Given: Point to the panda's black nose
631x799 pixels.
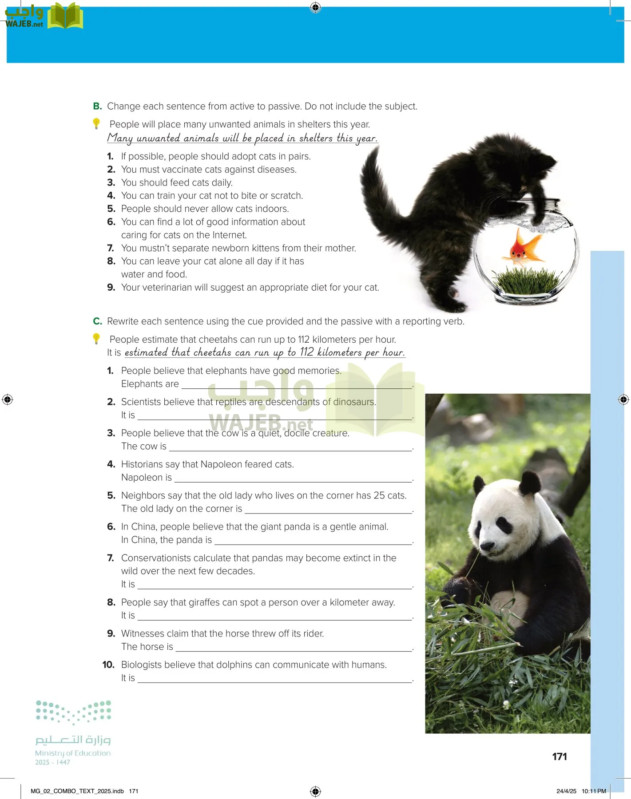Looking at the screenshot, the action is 487,545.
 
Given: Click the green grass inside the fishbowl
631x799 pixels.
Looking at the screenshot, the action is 526,280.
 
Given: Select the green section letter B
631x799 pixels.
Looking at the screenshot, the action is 97,107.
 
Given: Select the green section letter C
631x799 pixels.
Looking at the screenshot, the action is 97,321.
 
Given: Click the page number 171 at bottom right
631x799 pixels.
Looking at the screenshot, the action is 560,757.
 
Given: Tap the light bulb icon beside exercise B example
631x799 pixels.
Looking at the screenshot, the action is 96,123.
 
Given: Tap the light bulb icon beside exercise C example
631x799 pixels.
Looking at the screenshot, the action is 96,339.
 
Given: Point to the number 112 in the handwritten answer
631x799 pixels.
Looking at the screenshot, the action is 306,352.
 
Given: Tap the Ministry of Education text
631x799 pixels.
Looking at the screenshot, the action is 73,753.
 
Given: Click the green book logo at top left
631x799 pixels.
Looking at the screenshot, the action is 65,16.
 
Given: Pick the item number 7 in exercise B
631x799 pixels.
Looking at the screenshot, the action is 111,248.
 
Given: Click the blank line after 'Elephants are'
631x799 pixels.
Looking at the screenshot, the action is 297,388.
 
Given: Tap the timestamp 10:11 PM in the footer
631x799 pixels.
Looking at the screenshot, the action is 594,791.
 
